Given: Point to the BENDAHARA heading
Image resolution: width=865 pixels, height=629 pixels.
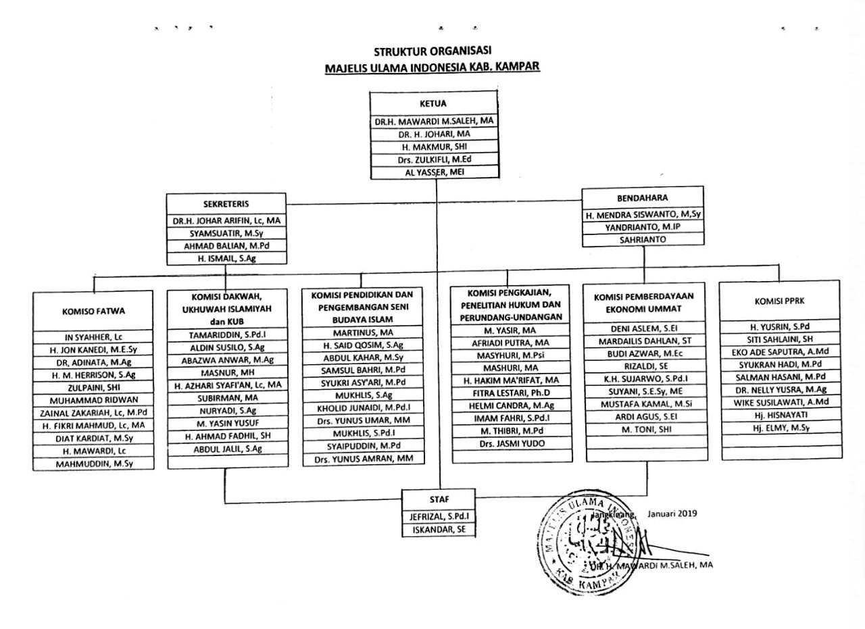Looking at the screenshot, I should pyautogui.click(x=643, y=198).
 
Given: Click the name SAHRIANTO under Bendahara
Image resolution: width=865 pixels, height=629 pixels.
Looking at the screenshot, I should pyautogui.click(x=643, y=239).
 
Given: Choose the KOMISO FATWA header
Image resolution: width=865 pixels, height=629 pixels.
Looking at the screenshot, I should pyautogui.click(x=94, y=311).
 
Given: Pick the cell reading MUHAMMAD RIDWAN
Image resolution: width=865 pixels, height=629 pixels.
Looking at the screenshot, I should pyautogui.click(x=94, y=399).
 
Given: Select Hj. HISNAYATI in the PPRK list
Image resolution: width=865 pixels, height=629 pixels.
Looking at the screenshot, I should pyautogui.click(x=779, y=414).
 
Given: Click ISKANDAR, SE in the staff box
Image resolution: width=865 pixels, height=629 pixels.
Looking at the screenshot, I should pyautogui.click(x=439, y=530).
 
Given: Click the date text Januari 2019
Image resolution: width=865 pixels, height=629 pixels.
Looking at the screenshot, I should pyautogui.click(x=672, y=513).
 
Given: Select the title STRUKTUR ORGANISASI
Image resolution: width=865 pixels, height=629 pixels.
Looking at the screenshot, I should pyautogui.click(x=432, y=51).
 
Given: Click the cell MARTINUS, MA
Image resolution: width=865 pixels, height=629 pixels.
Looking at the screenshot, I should pyautogui.click(x=363, y=332).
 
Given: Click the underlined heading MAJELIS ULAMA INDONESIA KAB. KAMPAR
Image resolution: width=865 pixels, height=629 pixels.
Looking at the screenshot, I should pyautogui.click(x=432, y=68).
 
